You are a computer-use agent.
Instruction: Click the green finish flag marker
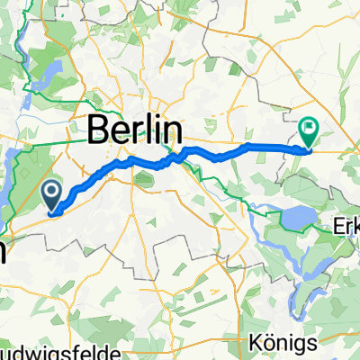pos(308,133)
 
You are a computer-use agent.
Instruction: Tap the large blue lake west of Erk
pos(296,217)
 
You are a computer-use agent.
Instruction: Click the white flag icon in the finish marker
pos(308,130)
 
